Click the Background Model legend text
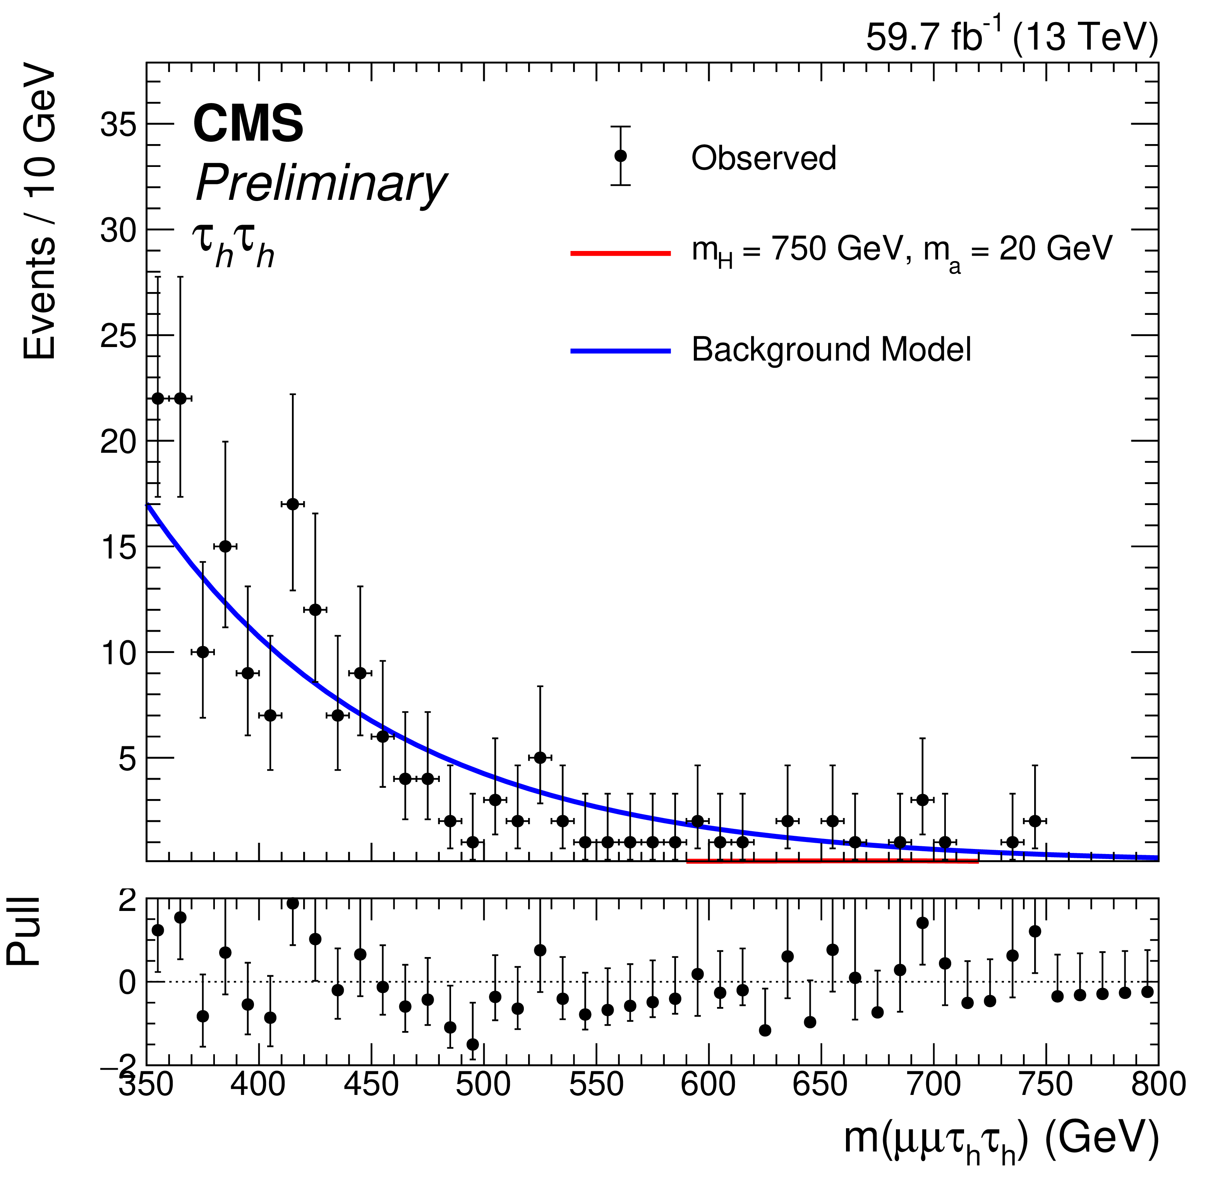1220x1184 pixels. [831, 349]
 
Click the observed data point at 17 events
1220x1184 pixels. [293, 504]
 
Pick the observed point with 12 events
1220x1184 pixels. [315, 610]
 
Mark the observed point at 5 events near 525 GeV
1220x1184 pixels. [540, 758]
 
